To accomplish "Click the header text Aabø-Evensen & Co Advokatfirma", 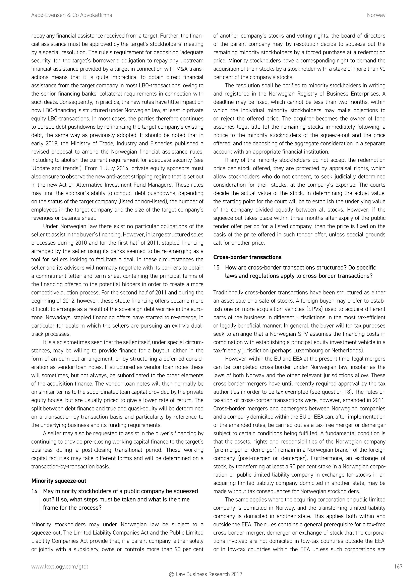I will pos(71,15).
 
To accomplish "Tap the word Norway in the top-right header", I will pos(376,15).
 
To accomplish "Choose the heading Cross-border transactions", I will pos(247,257).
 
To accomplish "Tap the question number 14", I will pos(35,491).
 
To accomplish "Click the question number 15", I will pos(216,267).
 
